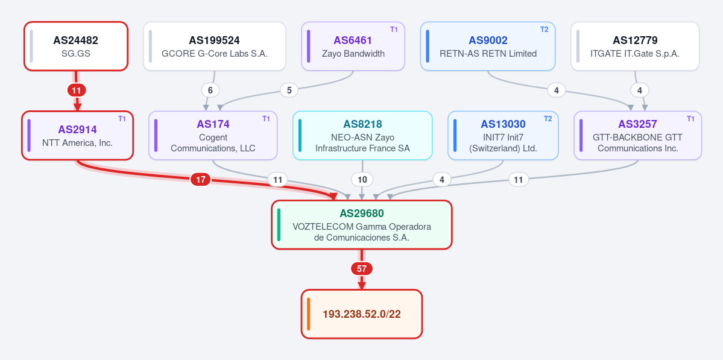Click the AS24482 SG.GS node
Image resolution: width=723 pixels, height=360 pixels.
(76, 46)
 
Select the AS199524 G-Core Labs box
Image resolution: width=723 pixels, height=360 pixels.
(215, 46)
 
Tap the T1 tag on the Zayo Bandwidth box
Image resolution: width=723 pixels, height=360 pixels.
(394, 30)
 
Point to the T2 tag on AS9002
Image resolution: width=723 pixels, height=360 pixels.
(544, 30)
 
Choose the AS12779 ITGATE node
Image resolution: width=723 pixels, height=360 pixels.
(635, 46)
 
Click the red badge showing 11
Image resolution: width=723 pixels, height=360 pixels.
(77, 90)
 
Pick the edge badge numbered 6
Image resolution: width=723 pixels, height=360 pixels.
(210, 90)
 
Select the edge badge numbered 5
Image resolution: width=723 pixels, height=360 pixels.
(289, 90)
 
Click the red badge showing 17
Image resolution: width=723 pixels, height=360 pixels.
(201, 180)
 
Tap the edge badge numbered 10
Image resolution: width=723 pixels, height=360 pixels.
(362, 180)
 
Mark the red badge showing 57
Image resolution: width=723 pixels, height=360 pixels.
(362, 268)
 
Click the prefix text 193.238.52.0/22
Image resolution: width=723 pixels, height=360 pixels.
(362, 314)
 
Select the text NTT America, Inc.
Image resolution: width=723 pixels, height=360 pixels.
(77, 143)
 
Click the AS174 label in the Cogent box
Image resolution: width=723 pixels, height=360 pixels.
(213, 124)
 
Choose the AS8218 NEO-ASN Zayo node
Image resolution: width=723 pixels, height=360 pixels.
(362, 136)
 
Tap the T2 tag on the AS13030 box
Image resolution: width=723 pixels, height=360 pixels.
(548, 119)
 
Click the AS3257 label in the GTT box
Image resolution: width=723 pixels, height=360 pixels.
(638, 124)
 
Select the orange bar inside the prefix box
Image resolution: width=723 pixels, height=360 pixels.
(309, 314)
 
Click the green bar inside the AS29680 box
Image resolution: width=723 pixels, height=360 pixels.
(279, 224)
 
